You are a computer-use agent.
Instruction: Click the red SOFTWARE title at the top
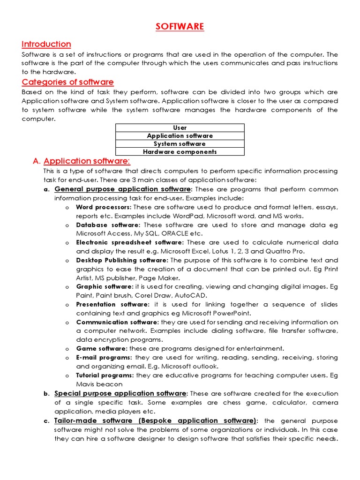(180, 27)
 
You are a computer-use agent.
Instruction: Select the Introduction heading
(46, 44)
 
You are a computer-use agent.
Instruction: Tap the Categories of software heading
(67, 82)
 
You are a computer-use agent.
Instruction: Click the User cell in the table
(180, 127)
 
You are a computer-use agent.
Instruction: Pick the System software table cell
(180, 144)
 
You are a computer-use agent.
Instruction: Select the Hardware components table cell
(180, 152)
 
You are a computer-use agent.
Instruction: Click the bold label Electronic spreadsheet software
(129, 243)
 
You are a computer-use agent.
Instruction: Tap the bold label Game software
(101, 349)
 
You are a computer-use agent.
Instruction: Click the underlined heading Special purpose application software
(120, 393)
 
